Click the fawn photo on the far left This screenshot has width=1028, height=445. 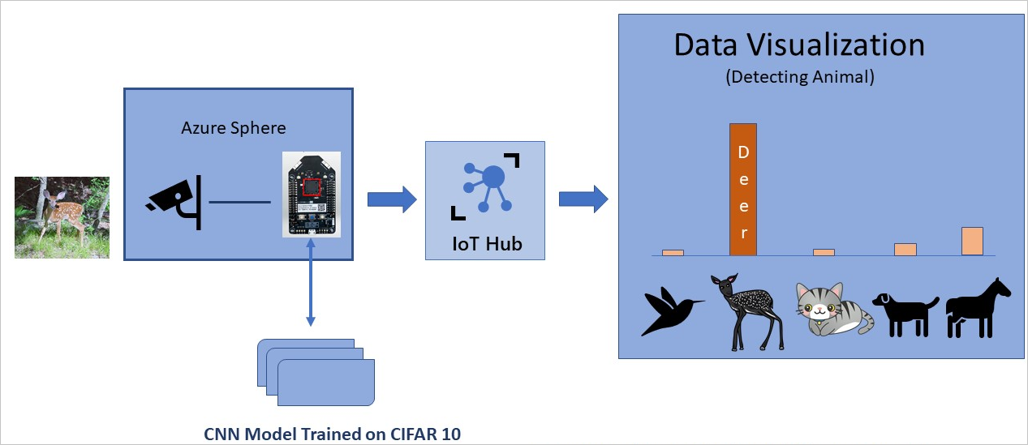tap(62, 217)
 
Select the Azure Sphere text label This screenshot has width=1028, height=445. tap(234, 127)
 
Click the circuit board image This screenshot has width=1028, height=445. tap(311, 195)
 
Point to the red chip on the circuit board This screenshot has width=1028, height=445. tap(312, 186)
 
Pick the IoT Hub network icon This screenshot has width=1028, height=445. tap(485, 186)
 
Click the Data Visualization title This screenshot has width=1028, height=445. tap(799, 45)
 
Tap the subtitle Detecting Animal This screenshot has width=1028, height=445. tap(799, 78)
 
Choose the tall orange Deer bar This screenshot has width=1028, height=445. tap(743, 190)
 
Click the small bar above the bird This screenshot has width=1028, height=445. tap(673, 252)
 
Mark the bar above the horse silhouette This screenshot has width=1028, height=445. tap(972, 242)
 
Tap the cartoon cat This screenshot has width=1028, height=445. tap(832, 310)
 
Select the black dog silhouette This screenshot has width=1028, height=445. tap(904, 313)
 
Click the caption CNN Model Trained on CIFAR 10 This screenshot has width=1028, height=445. tap(332, 434)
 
